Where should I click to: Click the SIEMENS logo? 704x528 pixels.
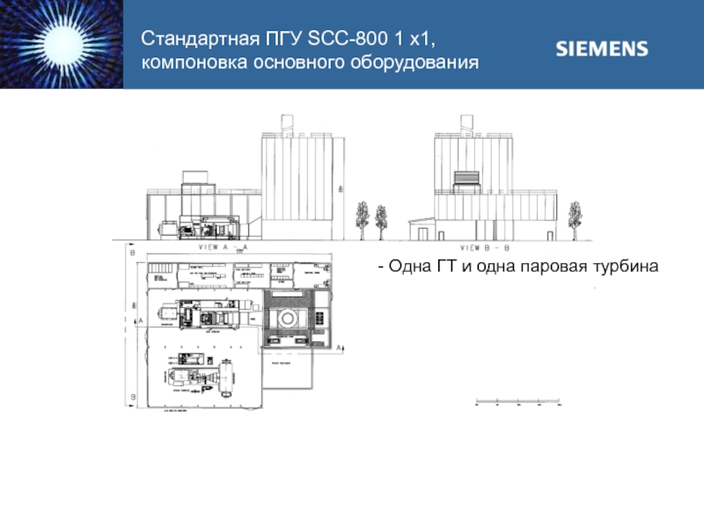point(602,48)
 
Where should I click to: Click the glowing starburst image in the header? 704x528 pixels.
point(61,44)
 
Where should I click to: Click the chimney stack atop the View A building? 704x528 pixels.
point(286,124)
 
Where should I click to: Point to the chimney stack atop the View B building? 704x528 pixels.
point(463,124)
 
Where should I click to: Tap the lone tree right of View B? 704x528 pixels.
point(575,218)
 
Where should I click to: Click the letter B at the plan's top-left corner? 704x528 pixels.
point(133,253)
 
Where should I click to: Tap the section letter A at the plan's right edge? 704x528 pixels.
point(340,348)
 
